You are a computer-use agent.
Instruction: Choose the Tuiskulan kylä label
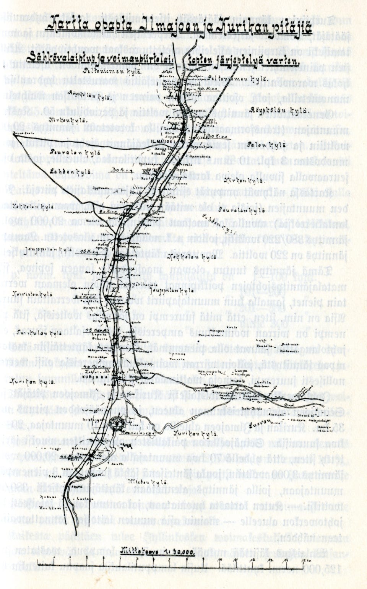click(31, 334)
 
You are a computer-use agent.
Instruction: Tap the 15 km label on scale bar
click(305, 560)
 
